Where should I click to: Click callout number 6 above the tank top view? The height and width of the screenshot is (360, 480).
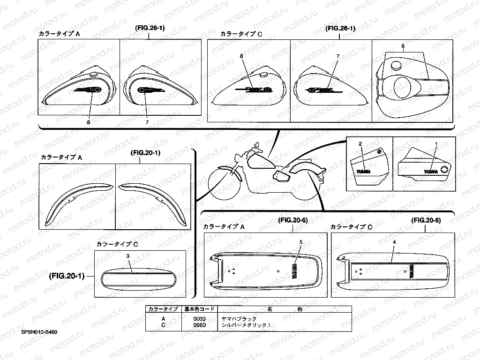403,46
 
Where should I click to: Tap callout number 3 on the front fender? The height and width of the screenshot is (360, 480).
127,256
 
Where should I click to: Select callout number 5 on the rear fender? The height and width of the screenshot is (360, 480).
301,242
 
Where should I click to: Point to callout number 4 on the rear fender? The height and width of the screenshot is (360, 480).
394,242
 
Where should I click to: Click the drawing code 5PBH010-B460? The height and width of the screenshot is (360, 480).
40,332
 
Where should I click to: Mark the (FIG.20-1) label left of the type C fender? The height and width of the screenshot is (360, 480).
67,276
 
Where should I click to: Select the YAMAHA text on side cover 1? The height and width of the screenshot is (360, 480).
432,172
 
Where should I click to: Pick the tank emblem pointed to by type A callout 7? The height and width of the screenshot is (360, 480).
146,90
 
